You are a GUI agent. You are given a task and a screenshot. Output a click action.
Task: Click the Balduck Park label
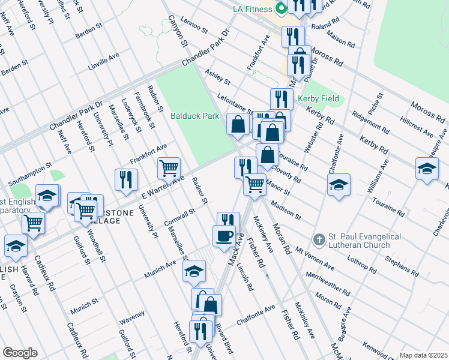pyautogui.click(x=194, y=116)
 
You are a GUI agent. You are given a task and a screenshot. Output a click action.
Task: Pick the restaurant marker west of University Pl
pyautogui.click(x=126, y=179)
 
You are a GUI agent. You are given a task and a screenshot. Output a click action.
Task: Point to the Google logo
pyautogui.click(x=20, y=353)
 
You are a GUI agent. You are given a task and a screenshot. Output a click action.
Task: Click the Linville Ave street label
pyautogui.click(x=103, y=61)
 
